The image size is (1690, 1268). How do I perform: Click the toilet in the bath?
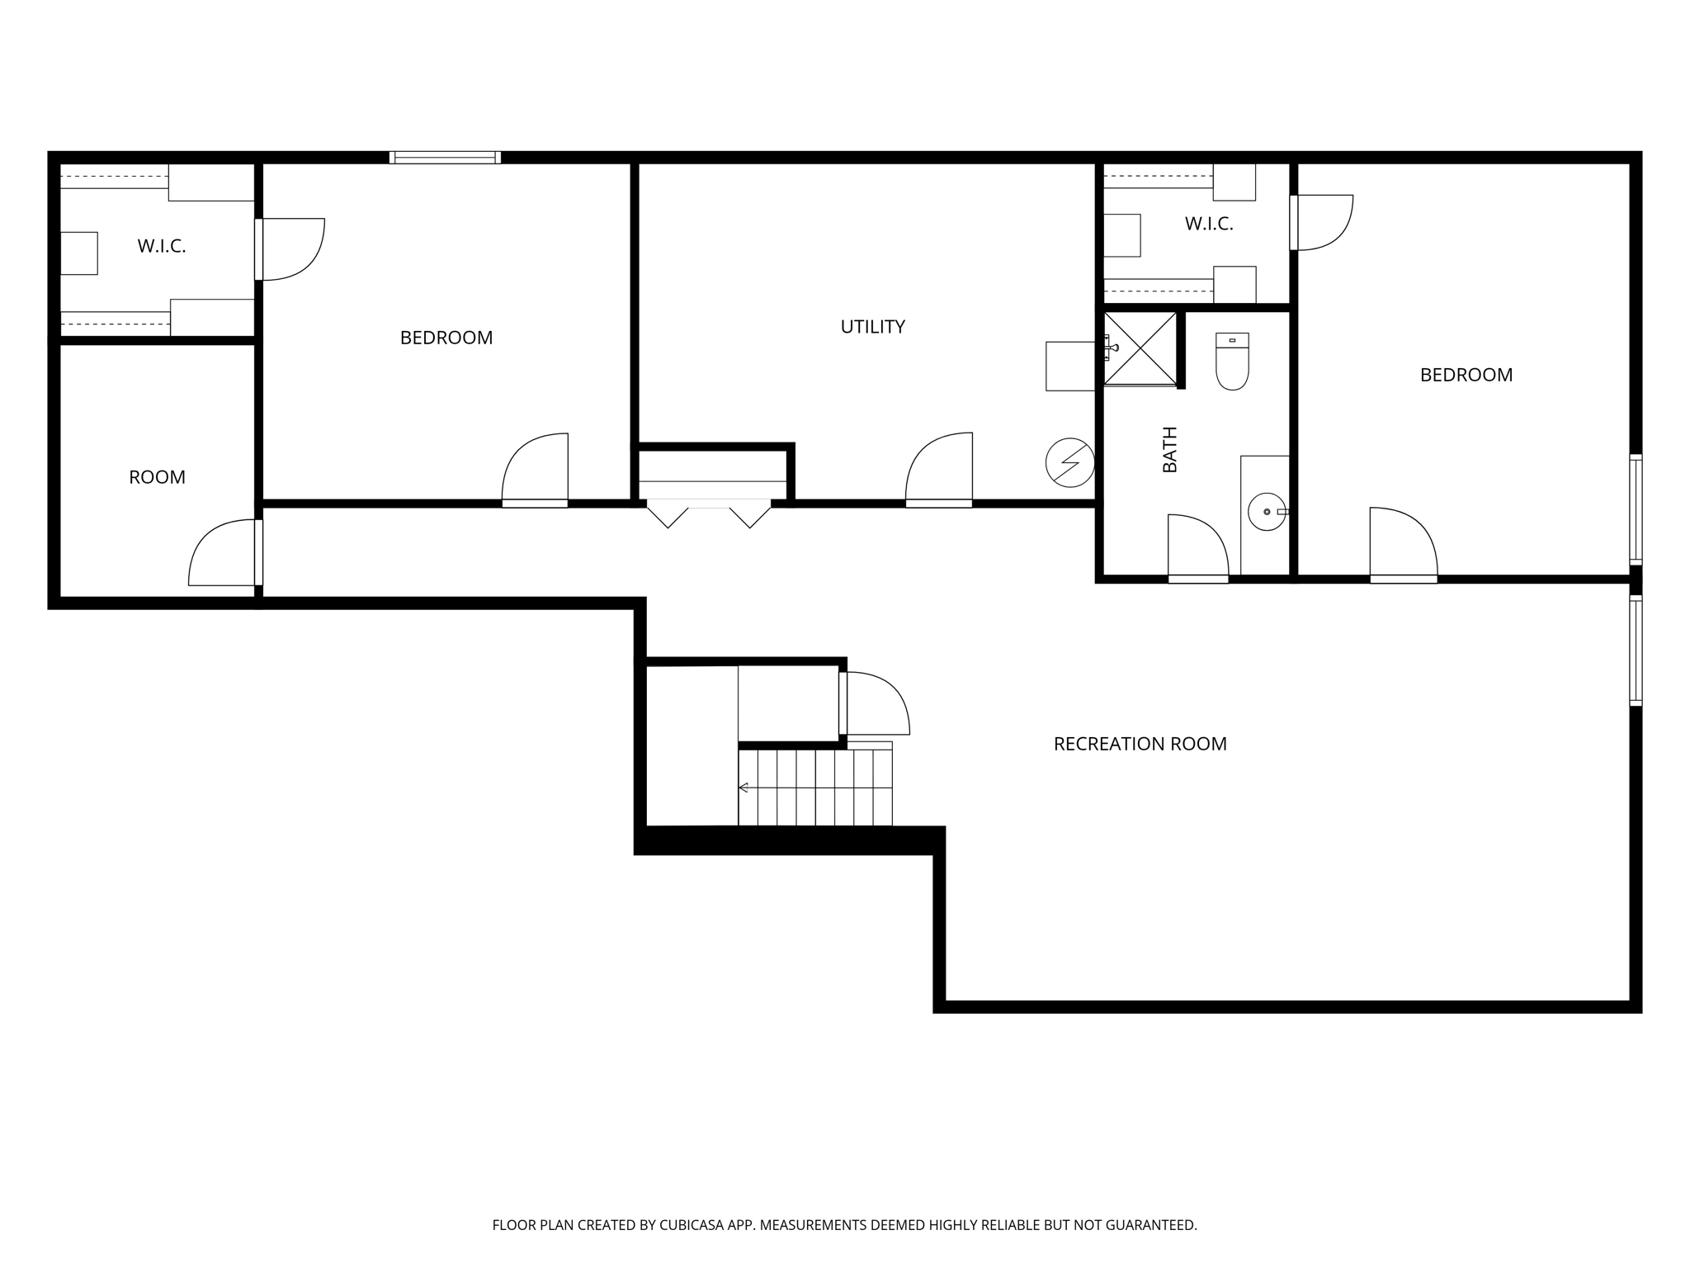(x=1232, y=362)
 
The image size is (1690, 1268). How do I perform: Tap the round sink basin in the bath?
(x=1266, y=512)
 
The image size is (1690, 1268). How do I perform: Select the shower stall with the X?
(x=1140, y=348)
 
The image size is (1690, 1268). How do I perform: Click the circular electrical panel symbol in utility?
(x=1069, y=462)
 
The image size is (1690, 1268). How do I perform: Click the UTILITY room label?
(x=872, y=327)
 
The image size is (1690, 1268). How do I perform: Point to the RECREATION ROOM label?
(x=1140, y=744)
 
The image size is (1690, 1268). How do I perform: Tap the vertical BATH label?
(x=1170, y=449)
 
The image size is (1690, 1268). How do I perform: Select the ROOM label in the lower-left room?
(x=157, y=477)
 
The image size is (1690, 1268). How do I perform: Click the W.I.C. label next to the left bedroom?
(x=161, y=246)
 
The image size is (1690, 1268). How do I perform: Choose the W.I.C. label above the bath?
(x=1208, y=224)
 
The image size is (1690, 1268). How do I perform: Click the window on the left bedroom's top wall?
(x=445, y=157)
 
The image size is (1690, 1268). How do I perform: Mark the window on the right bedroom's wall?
(x=1635, y=509)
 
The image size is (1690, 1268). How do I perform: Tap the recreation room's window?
(x=1635, y=651)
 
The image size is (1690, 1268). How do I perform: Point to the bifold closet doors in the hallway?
(x=708, y=512)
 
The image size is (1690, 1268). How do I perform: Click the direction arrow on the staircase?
(x=744, y=788)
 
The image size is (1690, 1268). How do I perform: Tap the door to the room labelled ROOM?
(x=223, y=552)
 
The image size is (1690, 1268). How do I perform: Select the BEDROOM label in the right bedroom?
(x=1466, y=375)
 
